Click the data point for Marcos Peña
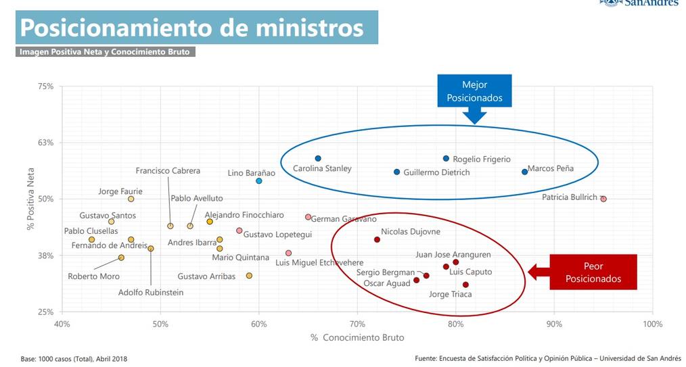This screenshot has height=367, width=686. click(524, 172)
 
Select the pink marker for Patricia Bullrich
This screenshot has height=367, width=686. click(603, 199)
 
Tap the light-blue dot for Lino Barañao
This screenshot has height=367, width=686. click(259, 181)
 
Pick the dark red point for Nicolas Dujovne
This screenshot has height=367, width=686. click(377, 239)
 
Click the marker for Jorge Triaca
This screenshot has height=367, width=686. click(465, 285)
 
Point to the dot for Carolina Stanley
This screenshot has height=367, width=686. click(318, 158)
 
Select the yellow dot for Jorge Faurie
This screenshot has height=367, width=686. click(131, 199)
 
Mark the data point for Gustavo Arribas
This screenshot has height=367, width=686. click(249, 276)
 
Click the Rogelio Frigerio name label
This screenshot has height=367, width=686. click(482, 160)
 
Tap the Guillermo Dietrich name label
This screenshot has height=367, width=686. click(436, 172)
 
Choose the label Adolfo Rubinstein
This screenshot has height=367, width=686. click(151, 293)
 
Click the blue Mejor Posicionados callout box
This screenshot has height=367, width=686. click(474, 91)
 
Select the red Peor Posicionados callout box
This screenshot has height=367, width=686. click(593, 272)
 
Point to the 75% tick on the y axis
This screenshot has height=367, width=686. click(46, 87)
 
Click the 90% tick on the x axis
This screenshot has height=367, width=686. click(554, 324)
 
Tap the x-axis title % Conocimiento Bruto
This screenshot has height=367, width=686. click(357, 337)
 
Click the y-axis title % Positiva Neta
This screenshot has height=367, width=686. click(31, 199)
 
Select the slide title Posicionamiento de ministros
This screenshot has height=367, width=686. click(192, 28)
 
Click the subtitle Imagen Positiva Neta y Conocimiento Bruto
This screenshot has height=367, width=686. click(105, 51)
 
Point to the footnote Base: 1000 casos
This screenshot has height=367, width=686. click(74, 358)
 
